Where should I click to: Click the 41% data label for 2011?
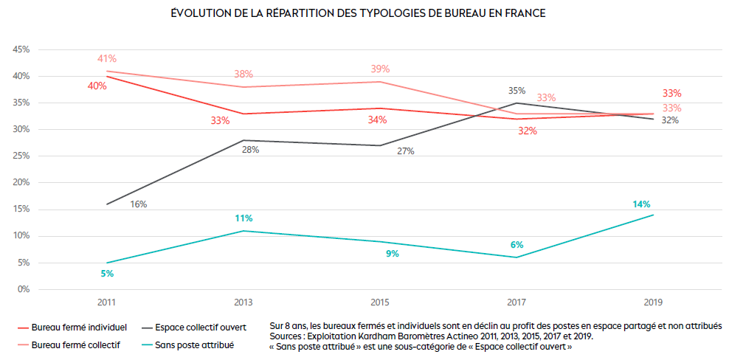point(107,59)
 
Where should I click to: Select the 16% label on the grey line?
point(139,204)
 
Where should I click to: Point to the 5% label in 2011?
point(107,274)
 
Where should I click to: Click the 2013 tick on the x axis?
point(244,302)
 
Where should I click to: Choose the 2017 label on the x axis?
point(516,302)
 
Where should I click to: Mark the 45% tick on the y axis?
point(20,49)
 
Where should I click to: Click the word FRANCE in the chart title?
point(524,14)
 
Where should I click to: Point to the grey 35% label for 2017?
point(516,91)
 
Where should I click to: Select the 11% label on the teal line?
point(244,218)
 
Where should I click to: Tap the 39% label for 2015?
point(380,69)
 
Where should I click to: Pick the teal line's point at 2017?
point(516,257)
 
